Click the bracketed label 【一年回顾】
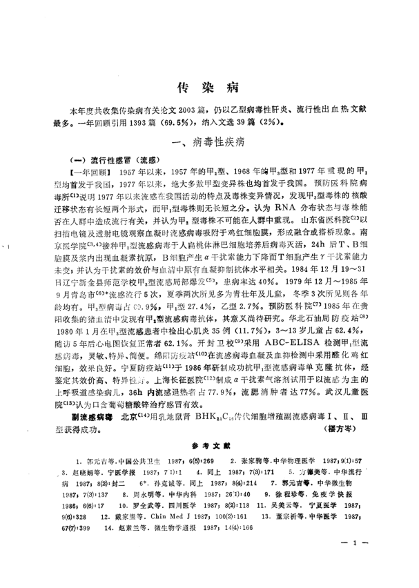(x=86, y=170)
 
